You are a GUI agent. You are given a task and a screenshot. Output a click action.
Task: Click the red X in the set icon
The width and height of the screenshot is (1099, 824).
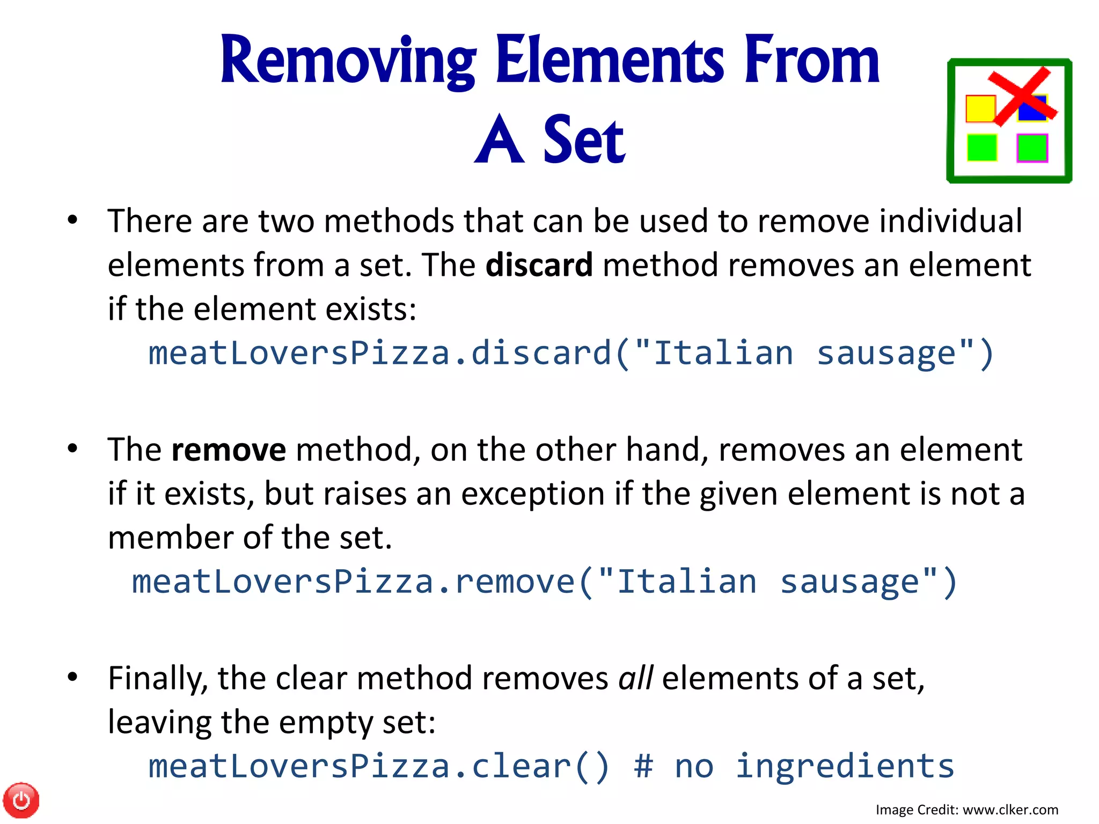(1022, 97)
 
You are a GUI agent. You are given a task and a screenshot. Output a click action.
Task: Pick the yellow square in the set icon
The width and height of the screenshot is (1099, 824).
(980, 109)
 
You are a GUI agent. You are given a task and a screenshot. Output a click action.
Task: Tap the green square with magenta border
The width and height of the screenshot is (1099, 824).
(1032, 148)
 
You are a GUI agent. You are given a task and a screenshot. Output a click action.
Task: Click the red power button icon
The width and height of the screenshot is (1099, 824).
(21, 800)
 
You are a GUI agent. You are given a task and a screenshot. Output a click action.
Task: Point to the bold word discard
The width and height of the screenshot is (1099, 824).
(539, 265)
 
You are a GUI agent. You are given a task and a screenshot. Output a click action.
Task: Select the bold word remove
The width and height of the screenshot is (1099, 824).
(229, 450)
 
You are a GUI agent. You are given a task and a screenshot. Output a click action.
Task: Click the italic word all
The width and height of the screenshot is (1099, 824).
(635, 678)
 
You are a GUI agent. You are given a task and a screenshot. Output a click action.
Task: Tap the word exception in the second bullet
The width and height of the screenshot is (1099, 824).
(533, 494)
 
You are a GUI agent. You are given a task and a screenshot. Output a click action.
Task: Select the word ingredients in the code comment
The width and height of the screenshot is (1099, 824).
(845, 766)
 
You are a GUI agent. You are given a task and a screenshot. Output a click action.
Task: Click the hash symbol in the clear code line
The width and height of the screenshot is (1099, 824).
(643, 766)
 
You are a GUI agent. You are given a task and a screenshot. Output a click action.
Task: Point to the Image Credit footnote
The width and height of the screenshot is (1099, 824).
(966, 810)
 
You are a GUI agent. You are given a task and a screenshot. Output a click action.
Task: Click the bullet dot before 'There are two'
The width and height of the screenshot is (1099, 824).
(72, 220)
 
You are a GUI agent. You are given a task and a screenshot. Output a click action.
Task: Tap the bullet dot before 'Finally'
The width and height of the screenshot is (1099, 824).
(72, 677)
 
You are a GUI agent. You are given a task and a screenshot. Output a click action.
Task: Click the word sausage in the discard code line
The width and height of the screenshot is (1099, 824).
(886, 354)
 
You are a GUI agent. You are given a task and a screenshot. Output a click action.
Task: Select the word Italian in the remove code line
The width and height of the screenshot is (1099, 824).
(686, 582)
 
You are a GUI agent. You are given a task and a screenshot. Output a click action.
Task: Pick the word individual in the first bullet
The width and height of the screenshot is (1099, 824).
(950, 221)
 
